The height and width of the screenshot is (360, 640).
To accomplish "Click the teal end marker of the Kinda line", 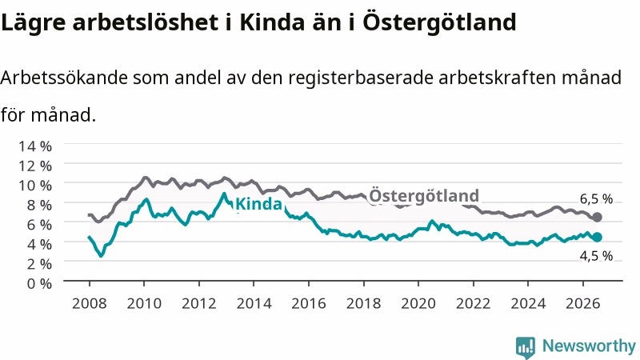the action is point(597,237).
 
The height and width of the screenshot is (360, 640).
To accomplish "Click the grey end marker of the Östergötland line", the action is point(597,217).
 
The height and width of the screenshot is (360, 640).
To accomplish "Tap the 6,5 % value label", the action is point(596,199).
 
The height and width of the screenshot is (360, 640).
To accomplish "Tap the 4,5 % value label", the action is point(596,256).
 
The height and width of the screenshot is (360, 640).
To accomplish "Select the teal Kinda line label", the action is point(258,204).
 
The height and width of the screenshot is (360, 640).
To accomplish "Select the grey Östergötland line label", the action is point(424,196).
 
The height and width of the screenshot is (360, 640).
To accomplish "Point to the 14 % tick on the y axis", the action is point(35,146).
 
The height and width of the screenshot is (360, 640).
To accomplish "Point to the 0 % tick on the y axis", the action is point(39,283).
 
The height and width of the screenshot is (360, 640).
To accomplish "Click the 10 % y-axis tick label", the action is point(35,186).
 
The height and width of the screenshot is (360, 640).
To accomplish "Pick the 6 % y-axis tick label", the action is point(39,225).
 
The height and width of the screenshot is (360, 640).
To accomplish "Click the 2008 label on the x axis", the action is point(89,303).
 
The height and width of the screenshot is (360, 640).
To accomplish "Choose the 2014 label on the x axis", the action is point(254,303).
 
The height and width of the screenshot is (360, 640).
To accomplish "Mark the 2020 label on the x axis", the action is point(418,303).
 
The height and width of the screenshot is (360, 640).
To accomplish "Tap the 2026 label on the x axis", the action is point(583,303).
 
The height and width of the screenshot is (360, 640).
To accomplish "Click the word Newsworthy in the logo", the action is point(589,346).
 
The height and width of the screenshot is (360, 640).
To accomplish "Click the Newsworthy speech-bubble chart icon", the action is point(526,347).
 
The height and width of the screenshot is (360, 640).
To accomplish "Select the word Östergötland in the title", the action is point(439,22).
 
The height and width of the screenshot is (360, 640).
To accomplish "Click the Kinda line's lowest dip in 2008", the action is point(102,256).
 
